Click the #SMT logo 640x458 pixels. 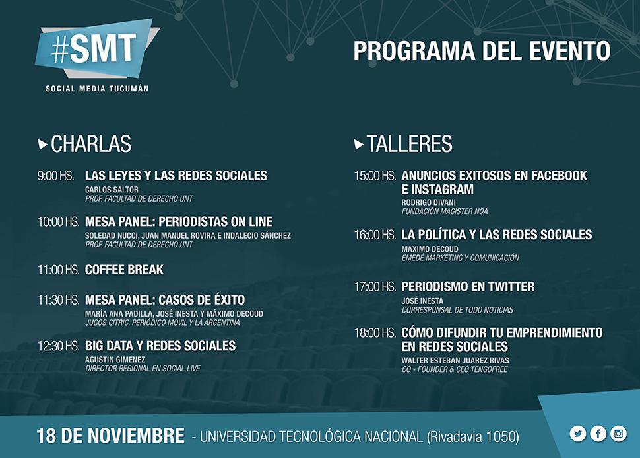tap(97, 49)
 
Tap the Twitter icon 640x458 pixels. tap(578, 434)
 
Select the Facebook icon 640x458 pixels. tap(598, 434)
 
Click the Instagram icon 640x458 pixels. tap(618, 434)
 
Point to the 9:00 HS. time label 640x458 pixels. tap(56, 176)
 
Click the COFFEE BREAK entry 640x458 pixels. tap(124, 270)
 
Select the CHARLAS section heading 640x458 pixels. tap(91, 144)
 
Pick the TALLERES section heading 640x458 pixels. tap(409, 144)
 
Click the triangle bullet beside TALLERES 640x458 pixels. tap(359, 144)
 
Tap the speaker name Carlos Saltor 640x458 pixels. tap(112, 190)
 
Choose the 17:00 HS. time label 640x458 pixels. tap(375, 287)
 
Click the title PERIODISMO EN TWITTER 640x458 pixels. tap(468, 287)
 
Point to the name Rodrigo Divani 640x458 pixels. tap(429, 202)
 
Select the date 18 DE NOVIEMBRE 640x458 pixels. tap(110, 436)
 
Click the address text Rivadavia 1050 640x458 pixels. tap(473, 437)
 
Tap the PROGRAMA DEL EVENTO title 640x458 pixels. tap(482, 51)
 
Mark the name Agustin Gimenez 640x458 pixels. tap(115, 360)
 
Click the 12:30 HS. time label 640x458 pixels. tap(58, 346)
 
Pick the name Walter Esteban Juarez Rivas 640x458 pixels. tap(455, 361)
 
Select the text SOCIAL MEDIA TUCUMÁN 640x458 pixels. tap(97, 89)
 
